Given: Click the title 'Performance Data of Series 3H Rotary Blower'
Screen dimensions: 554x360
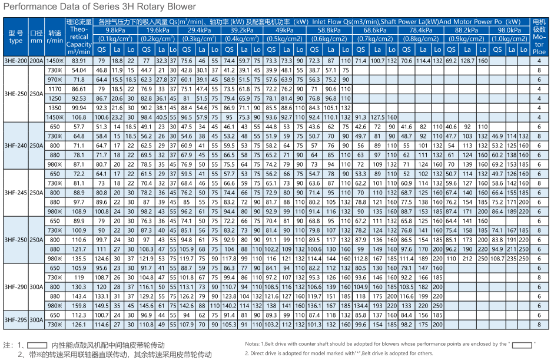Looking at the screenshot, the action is (x=99, y=6).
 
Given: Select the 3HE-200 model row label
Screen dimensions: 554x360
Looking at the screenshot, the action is (x=16, y=61).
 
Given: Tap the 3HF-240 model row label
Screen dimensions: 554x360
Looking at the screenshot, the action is (x=16, y=146).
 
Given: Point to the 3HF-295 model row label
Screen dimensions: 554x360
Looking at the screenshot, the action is (x=16, y=320).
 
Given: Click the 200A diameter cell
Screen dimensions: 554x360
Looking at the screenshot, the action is (x=37, y=61).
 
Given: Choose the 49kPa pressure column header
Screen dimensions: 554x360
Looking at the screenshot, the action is (x=285, y=30).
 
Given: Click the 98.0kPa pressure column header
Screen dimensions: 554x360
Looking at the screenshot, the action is (x=509, y=30).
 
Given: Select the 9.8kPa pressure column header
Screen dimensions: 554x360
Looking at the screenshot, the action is (x=115, y=30).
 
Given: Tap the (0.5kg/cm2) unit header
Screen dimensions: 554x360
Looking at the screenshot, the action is (x=285, y=38).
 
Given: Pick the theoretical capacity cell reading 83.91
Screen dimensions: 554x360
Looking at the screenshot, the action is (x=79, y=61).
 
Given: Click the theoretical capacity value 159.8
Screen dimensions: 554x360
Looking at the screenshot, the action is (x=79, y=306).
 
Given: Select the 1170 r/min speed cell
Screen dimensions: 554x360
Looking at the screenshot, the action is (x=55, y=89).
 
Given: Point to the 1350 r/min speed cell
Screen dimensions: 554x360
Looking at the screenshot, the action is (x=55, y=108).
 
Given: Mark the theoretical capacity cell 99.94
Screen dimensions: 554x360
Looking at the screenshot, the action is (x=79, y=108).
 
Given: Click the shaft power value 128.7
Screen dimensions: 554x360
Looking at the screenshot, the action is (x=467, y=61).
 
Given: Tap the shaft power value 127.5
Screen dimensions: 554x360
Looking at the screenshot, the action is (x=378, y=117).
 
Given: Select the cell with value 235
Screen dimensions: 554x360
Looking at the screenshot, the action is (x=512, y=259).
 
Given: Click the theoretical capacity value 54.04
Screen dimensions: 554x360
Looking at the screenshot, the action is (x=79, y=70).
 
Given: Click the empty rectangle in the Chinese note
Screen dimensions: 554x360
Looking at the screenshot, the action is (x=37, y=345).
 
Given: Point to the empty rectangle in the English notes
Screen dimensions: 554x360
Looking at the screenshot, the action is (x=522, y=345).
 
